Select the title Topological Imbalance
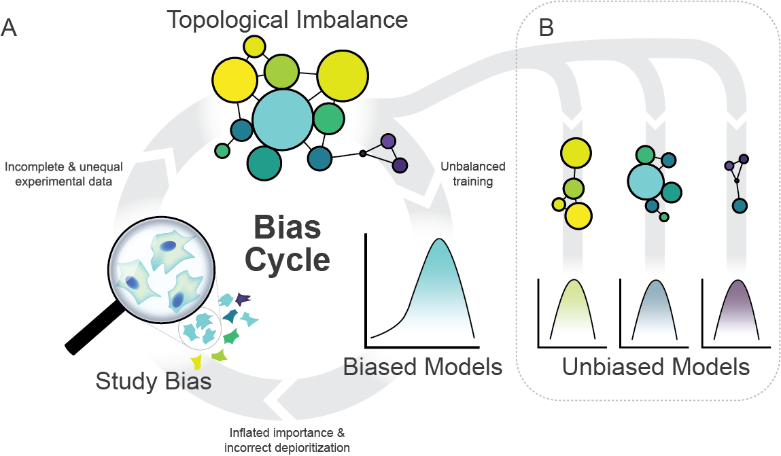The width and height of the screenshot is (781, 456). pos(287,19)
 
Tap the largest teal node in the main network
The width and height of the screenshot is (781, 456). pos(282,121)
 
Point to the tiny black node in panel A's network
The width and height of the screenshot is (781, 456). pos(362,153)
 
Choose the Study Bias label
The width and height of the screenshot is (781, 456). pos(153,381)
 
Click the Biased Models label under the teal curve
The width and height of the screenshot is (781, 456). pos(422,367)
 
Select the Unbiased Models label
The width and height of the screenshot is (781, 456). pos(655,367)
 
